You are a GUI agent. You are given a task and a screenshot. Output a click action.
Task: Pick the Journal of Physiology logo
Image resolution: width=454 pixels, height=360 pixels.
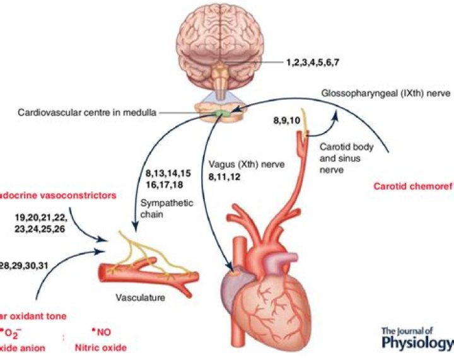click(417, 339)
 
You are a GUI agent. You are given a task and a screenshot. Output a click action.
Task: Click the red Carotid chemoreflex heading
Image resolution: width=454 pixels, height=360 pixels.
click(413, 186)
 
